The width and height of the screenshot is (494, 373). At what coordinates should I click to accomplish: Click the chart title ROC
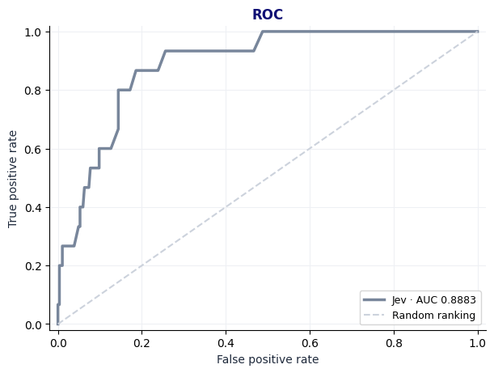(x=268, y=15)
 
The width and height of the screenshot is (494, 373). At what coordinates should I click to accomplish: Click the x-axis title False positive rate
(x=268, y=359)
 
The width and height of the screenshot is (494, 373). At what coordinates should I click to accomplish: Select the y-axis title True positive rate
(x=12, y=179)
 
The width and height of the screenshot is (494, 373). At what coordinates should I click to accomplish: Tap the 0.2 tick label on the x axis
(x=141, y=343)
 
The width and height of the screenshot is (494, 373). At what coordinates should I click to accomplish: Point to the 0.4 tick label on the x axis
(x=226, y=343)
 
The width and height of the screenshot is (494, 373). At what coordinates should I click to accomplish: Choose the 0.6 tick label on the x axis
(x=310, y=343)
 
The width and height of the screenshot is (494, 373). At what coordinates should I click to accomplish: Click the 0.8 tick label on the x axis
(x=394, y=343)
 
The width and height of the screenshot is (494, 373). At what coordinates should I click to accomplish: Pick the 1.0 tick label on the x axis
(x=478, y=343)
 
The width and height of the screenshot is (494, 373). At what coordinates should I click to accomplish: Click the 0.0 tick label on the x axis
(x=58, y=343)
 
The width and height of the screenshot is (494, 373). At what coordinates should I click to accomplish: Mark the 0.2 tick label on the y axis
(x=33, y=266)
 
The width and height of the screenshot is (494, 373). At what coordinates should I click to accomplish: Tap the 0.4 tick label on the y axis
(x=33, y=208)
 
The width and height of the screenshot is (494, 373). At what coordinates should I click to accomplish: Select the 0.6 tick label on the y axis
(x=33, y=149)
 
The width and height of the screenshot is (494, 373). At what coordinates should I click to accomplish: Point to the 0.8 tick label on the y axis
(x=33, y=91)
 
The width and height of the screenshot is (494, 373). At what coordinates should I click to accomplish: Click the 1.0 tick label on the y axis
(x=33, y=32)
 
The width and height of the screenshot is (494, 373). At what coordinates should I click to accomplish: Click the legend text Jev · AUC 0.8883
(x=434, y=300)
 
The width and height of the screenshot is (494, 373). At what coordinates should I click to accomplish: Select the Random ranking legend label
(x=433, y=316)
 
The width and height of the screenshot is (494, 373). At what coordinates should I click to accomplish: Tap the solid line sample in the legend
(x=374, y=299)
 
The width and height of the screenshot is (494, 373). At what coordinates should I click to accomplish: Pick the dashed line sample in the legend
(x=374, y=315)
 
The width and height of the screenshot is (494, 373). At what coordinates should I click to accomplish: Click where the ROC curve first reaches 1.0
(x=263, y=32)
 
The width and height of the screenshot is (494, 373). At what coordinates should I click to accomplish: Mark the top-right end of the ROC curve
(x=478, y=32)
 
